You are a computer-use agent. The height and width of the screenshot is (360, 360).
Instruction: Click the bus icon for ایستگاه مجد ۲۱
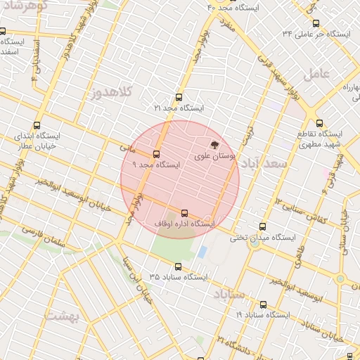point(178,98)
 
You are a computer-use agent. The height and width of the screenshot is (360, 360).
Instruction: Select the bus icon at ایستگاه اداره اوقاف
point(184,213)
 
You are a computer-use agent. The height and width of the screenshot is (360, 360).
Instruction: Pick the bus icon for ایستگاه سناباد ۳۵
point(178,267)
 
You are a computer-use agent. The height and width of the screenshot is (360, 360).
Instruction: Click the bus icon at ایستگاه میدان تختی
point(263,227)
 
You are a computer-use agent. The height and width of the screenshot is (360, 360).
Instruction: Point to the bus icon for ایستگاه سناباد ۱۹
point(263,305)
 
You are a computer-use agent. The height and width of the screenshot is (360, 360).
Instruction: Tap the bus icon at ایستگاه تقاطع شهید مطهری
point(319,123)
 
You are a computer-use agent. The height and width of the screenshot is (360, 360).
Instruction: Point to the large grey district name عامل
point(316,73)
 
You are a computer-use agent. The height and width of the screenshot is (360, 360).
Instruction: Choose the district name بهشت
point(63,316)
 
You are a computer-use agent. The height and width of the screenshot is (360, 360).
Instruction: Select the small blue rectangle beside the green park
point(202,251)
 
